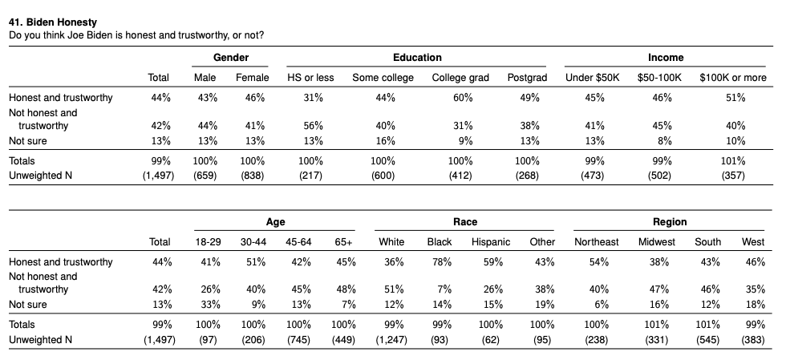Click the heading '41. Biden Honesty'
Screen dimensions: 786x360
coord(53,22)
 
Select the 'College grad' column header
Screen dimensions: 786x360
coord(460,78)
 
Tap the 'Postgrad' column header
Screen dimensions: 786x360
coord(527,78)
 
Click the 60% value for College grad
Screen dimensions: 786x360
coord(463,98)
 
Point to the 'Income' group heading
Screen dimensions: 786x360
coord(666,58)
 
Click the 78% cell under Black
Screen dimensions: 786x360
coord(441,261)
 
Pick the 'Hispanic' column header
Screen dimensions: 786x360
coord(491,242)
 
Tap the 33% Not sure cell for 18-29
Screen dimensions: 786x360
coord(210,305)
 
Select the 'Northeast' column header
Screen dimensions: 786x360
coord(597,242)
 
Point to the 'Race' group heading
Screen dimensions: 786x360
coord(465,221)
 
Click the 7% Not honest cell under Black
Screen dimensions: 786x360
coord(444,289)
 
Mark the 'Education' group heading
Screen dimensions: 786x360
coord(417,58)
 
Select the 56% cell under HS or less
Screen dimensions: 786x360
coord(313,126)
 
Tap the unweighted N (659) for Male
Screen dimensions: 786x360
coord(205,176)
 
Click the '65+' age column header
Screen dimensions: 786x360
coord(343,242)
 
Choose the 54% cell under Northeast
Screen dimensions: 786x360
coord(598,261)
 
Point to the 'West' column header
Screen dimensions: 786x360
coord(753,242)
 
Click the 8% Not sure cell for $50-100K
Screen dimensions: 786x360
coord(665,141)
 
